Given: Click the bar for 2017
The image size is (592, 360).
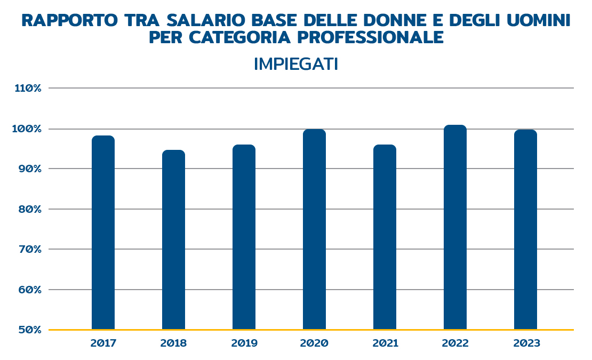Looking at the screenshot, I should click(103, 233).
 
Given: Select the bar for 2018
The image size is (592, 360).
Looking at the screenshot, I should click(173, 239).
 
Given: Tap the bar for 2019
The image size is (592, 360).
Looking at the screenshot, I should click(244, 237).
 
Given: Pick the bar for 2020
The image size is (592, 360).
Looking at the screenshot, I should click(314, 229).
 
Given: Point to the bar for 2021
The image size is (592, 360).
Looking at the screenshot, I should click(385, 237).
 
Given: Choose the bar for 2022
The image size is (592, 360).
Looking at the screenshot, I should click(455, 227).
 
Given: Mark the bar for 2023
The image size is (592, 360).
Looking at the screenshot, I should click(525, 229).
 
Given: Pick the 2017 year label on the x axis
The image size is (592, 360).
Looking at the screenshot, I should click(103, 343).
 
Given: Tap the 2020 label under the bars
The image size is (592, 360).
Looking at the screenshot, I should click(314, 343).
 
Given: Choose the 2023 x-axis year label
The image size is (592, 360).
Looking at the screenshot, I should click(525, 343).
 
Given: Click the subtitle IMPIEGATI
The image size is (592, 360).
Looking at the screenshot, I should click(296, 64).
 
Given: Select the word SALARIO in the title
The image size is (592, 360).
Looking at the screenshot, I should click(205, 21).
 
